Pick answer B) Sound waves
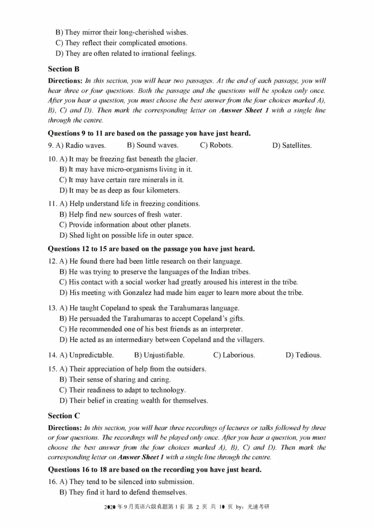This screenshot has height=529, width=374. (152, 145)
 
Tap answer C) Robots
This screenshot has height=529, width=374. (216, 145)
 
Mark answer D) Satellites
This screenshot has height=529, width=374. (292, 146)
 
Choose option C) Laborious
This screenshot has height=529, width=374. (234, 355)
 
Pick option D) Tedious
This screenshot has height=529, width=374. (303, 355)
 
